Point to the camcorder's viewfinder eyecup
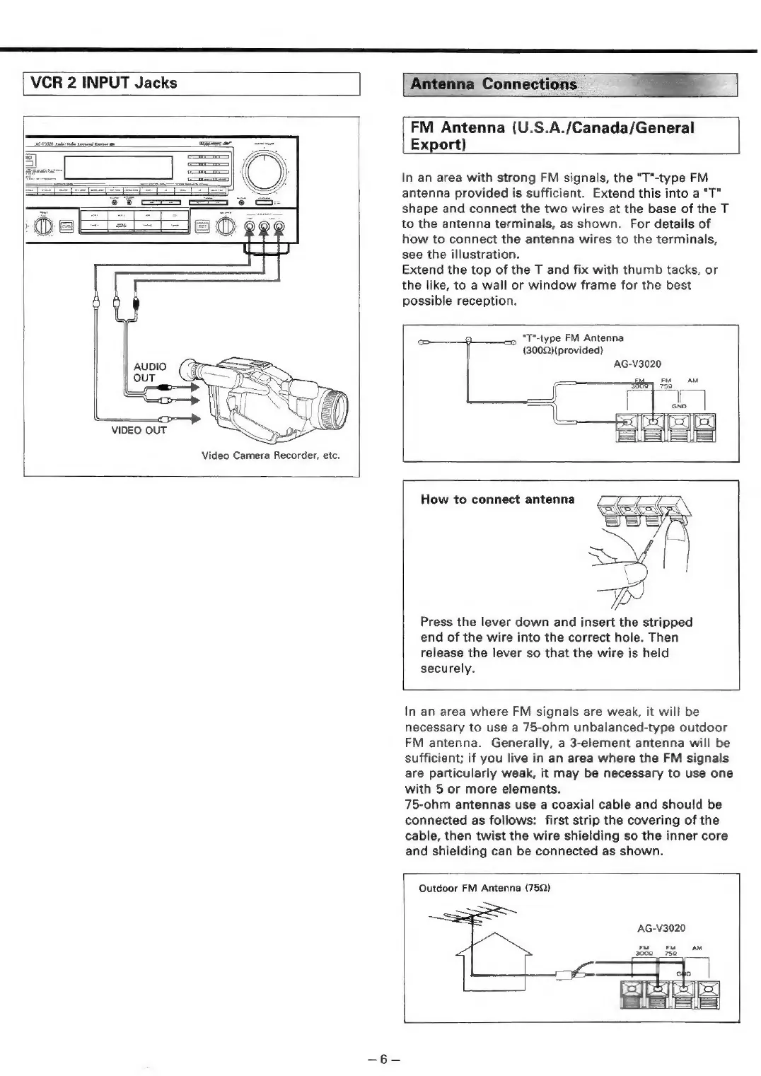[189, 369]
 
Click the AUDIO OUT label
[150, 372]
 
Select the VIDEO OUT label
[139, 430]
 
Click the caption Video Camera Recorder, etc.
[271, 455]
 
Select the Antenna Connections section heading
[494, 84]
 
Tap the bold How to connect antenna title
[497, 499]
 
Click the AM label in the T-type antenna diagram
[692, 381]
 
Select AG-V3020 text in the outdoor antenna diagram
[661, 927]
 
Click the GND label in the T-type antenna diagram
[679, 407]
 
